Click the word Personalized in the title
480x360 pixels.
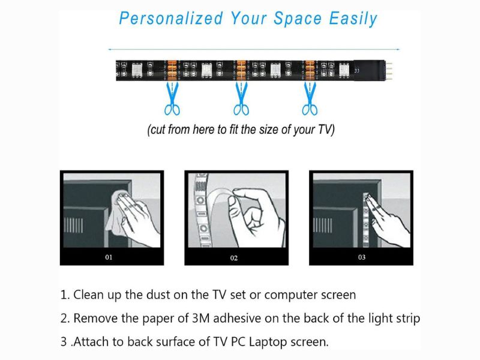171,18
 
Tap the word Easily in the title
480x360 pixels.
353,19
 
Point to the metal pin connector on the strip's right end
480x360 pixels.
388,70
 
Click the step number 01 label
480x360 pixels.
109,257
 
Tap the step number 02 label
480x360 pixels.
234,258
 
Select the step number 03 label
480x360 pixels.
362,257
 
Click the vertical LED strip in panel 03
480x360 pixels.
367,220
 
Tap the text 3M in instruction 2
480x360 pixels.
200,319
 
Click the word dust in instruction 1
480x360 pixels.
158,295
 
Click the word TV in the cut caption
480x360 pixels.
325,130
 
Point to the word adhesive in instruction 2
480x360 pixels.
237,319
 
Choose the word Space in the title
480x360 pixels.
297,19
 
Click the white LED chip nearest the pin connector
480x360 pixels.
344,70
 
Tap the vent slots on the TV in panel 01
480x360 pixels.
73,226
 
